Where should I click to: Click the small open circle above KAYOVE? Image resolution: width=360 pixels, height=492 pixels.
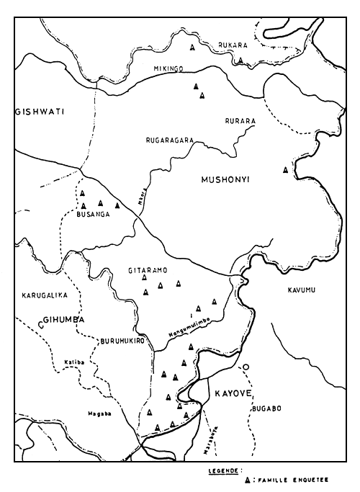tap(246, 367)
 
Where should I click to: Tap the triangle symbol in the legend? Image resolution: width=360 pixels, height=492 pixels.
tap(248, 478)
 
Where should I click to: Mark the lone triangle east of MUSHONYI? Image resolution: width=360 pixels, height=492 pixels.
tap(287, 169)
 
